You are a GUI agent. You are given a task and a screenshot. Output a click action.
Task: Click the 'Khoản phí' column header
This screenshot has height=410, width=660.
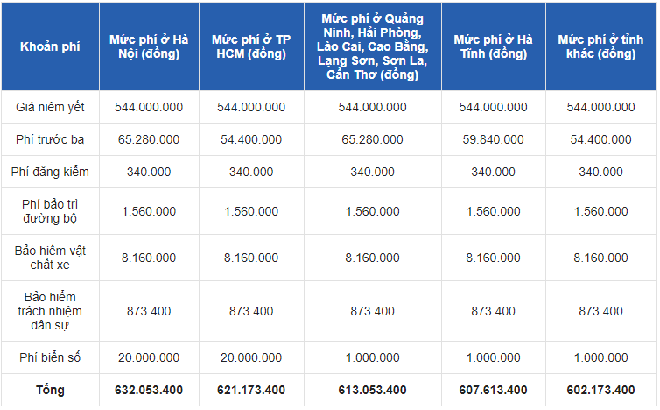click(50, 46)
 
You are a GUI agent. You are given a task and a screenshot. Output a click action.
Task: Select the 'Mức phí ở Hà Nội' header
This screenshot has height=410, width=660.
click(149, 46)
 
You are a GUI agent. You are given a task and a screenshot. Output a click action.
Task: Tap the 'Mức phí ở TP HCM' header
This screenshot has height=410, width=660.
click(251, 46)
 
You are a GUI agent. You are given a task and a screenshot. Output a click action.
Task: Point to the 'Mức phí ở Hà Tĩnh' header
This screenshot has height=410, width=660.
click(493, 46)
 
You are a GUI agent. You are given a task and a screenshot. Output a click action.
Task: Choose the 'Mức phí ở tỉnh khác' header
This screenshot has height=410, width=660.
click(600, 46)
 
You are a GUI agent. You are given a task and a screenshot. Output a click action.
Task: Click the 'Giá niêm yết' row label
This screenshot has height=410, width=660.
click(50, 107)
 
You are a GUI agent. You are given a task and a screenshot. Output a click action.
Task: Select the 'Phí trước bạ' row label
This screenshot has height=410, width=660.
click(50, 139)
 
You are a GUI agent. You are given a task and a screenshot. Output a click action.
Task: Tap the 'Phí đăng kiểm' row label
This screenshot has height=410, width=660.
click(50, 172)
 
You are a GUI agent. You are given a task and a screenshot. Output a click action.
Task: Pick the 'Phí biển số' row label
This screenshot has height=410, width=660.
click(50, 357)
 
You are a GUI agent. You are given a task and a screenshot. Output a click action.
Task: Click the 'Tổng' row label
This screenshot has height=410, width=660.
click(50, 390)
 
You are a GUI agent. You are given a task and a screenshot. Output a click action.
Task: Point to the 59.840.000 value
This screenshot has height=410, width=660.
click(493, 139)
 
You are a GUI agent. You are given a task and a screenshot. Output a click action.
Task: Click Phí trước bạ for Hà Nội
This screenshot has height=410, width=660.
click(149, 139)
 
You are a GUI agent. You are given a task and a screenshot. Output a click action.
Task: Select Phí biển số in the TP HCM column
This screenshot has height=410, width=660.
click(251, 357)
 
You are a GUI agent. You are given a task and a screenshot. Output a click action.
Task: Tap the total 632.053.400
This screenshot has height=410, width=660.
click(149, 390)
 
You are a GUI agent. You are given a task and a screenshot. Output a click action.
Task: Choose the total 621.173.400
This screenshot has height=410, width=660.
click(251, 390)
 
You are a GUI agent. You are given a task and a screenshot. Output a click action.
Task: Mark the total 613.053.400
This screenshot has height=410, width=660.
click(372, 390)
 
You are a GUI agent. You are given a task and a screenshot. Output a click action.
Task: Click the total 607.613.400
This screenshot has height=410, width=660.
click(493, 390)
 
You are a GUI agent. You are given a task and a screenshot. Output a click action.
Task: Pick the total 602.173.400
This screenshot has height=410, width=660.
click(600, 390)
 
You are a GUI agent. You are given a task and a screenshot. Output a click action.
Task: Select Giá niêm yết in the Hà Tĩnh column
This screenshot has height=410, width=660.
click(493, 107)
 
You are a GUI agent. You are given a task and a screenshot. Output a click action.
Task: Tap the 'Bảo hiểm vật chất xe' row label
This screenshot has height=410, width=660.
click(50, 258)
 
